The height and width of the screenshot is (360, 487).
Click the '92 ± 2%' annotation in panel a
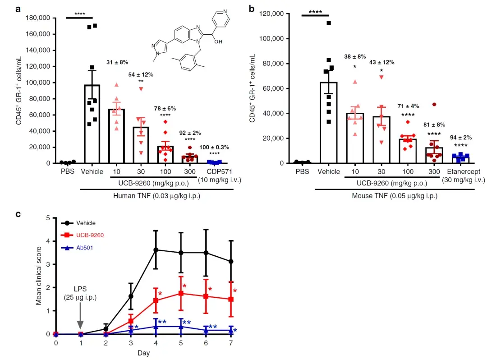pyautogui.click(x=191, y=133)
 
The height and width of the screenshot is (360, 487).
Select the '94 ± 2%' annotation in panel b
pyautogui.click(x=460, y=137)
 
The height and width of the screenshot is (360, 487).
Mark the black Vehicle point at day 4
pyautogui.click(x=156, y=249)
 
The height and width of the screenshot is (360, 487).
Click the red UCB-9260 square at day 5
pyautogui.click(x=181, y=293)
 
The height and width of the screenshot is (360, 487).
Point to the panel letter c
pyautogui.click(x=18, y=214)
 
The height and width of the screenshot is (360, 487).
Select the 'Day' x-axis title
pyautogui.click(x=144, y=353)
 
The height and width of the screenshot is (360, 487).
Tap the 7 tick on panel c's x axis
pyautogui.click(x=231, y=343)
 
